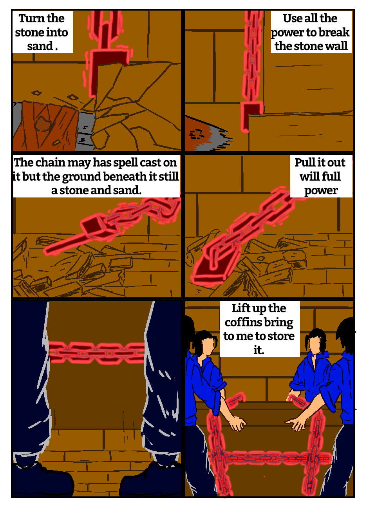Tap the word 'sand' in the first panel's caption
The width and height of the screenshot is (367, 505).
click(40, 46)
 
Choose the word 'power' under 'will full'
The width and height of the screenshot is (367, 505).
click(321, 191)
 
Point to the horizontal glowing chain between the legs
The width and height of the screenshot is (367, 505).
click(96, 352)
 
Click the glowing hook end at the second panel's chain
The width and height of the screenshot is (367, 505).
click(251, 116)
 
